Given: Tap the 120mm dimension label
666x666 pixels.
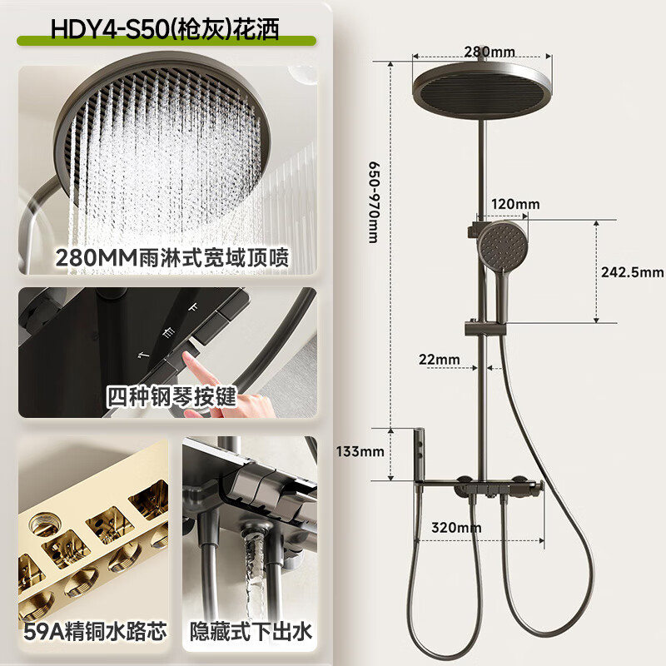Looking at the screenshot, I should (x=515, y=204).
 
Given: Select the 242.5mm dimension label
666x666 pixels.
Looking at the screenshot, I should (x=632, y=271).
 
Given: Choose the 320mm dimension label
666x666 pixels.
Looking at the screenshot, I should (x=456, y=526).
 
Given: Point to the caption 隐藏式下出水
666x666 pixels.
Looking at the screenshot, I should (x=251, y=632).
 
